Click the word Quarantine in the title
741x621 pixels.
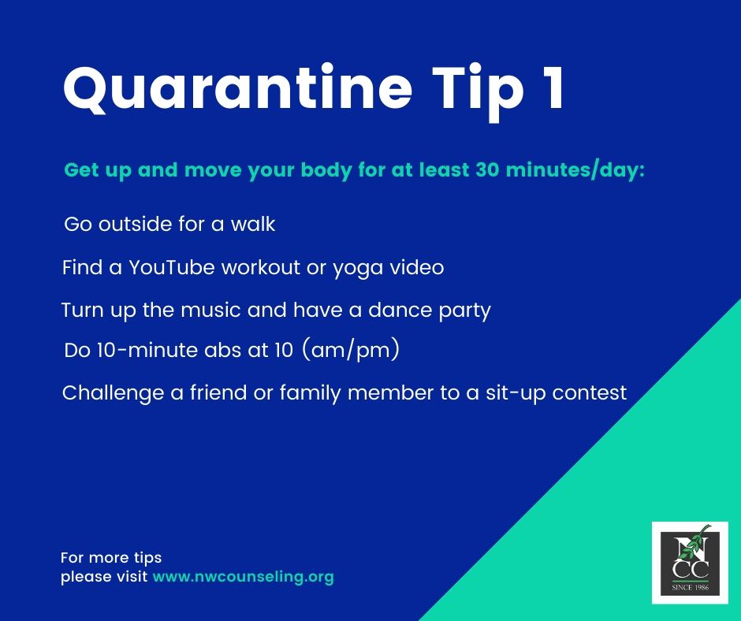[x=237, y=88]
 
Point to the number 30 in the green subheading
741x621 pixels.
[x=488, y=170]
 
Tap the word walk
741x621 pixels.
[x=253, y=224]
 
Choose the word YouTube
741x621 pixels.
[x=172, y=267]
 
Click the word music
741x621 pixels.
[x=210, y=310]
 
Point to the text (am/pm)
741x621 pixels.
[x=350, y=350]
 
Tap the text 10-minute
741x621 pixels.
[x=147, y=351]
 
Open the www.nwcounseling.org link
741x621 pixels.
[x=244, y=577]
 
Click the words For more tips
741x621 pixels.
[x=111, y=558]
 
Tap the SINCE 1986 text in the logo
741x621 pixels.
[x=690, y=587]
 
